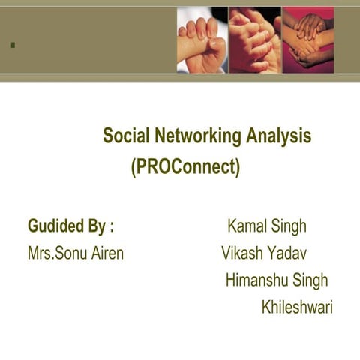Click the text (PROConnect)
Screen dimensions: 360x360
[x=185, y=166]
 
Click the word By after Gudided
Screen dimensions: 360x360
[x=98, y=226]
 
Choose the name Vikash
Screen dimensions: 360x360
[x=242, y=253]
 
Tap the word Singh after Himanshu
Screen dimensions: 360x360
[x=310, y=280]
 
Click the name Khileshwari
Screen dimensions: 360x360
[x=297, y=307]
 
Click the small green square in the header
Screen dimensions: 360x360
[x=12, y=45]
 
